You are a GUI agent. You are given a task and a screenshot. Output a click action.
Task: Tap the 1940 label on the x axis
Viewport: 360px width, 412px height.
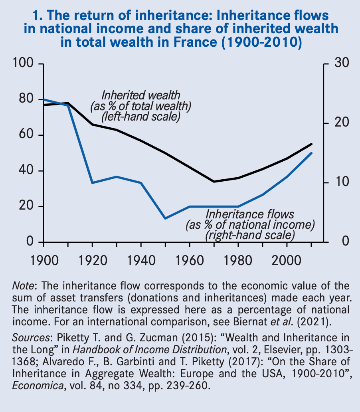click(x=141, y=261)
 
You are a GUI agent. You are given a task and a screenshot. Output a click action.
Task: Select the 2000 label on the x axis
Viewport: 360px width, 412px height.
click(x=287, y=261)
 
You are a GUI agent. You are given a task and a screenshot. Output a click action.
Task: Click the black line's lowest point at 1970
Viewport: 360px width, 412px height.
click(x=214, y=182)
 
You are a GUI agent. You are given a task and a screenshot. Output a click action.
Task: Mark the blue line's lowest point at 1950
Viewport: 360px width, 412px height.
click(x=165, y=218)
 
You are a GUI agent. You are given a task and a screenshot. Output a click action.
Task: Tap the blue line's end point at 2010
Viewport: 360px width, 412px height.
click(x=312, y=153)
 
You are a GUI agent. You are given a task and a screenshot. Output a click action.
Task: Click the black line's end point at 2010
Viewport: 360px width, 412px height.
click(x=312, y=144)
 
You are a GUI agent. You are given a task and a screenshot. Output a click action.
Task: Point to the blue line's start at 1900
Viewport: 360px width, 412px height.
click(x=44, y=99)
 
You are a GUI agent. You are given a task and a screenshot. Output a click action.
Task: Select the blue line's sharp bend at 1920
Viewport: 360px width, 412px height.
click(x=92, y=183)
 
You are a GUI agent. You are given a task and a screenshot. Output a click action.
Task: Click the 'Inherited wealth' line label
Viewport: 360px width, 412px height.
click(x=140, y=96)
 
